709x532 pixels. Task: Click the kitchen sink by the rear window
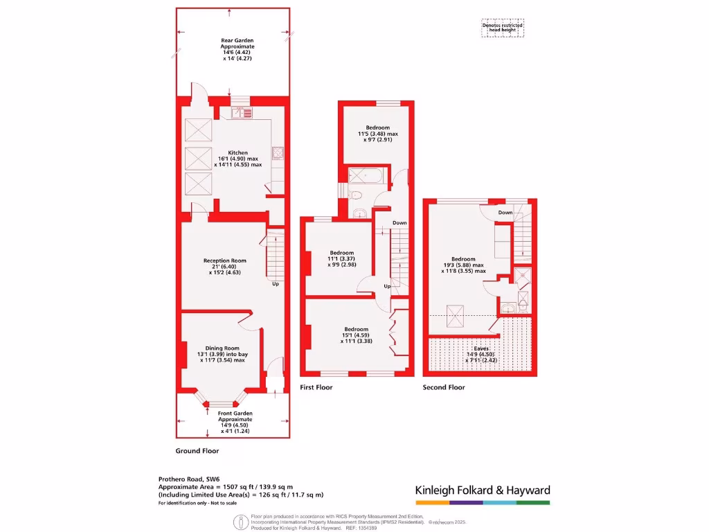(x=243, y=112)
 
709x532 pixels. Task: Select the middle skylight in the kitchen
(x=197, y=156)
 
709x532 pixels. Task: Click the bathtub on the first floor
(x=365, y=177)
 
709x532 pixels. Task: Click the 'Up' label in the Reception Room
(x=276, y=284)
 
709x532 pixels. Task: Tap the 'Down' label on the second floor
(x=505, y=213)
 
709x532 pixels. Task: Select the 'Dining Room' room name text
(x=222, y=348)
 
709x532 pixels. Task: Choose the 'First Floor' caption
(x=316, y=387)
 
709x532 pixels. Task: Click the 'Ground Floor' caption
(x=197, y=450)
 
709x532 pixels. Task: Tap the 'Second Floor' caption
(x=444, y=387)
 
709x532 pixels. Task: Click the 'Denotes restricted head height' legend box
(x=503, y=28)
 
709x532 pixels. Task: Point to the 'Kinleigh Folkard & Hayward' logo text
(x=483, y=490)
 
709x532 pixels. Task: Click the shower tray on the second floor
(x=523, y=278)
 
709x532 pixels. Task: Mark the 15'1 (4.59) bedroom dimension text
(x=357, y=335)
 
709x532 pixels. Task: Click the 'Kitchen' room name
(x=238, y=152)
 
